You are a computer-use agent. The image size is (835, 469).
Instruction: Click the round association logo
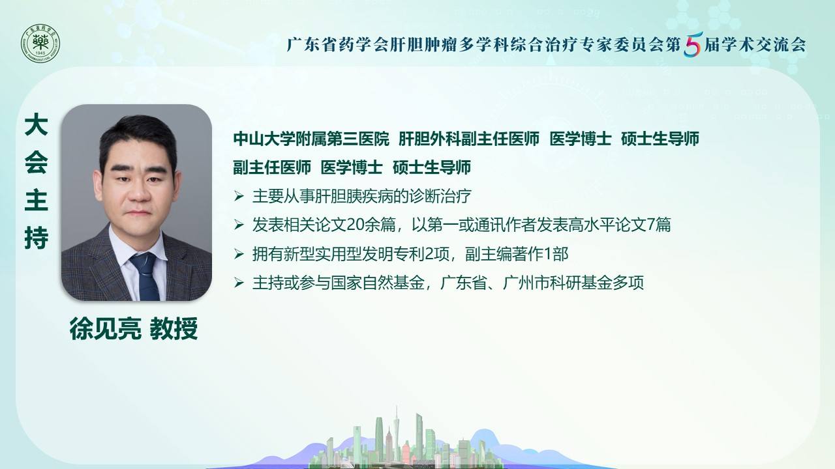pos(40,43)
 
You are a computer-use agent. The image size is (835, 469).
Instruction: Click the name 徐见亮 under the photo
pos(106,328)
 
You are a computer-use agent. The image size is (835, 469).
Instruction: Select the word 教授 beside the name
pos(174,328)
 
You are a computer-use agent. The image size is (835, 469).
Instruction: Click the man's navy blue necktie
pos(145,276)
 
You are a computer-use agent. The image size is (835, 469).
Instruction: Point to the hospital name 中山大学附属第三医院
pos(311,139)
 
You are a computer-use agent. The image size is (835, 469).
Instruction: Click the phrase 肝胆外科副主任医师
pos(469,139)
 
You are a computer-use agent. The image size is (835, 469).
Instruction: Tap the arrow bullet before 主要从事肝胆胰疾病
pos(239,196)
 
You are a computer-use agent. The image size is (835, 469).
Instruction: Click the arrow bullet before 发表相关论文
pos(239,225)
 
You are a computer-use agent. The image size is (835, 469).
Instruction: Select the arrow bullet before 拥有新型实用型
pos(239,254)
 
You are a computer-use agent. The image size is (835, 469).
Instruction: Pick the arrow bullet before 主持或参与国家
pos(239,283)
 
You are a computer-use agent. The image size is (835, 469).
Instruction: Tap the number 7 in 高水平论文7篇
pos(650,225)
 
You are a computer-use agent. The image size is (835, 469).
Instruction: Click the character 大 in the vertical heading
pos(36,124)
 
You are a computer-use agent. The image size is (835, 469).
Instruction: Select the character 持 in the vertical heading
pos(36,238)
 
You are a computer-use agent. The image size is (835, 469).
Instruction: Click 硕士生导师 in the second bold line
pos(432,167)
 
